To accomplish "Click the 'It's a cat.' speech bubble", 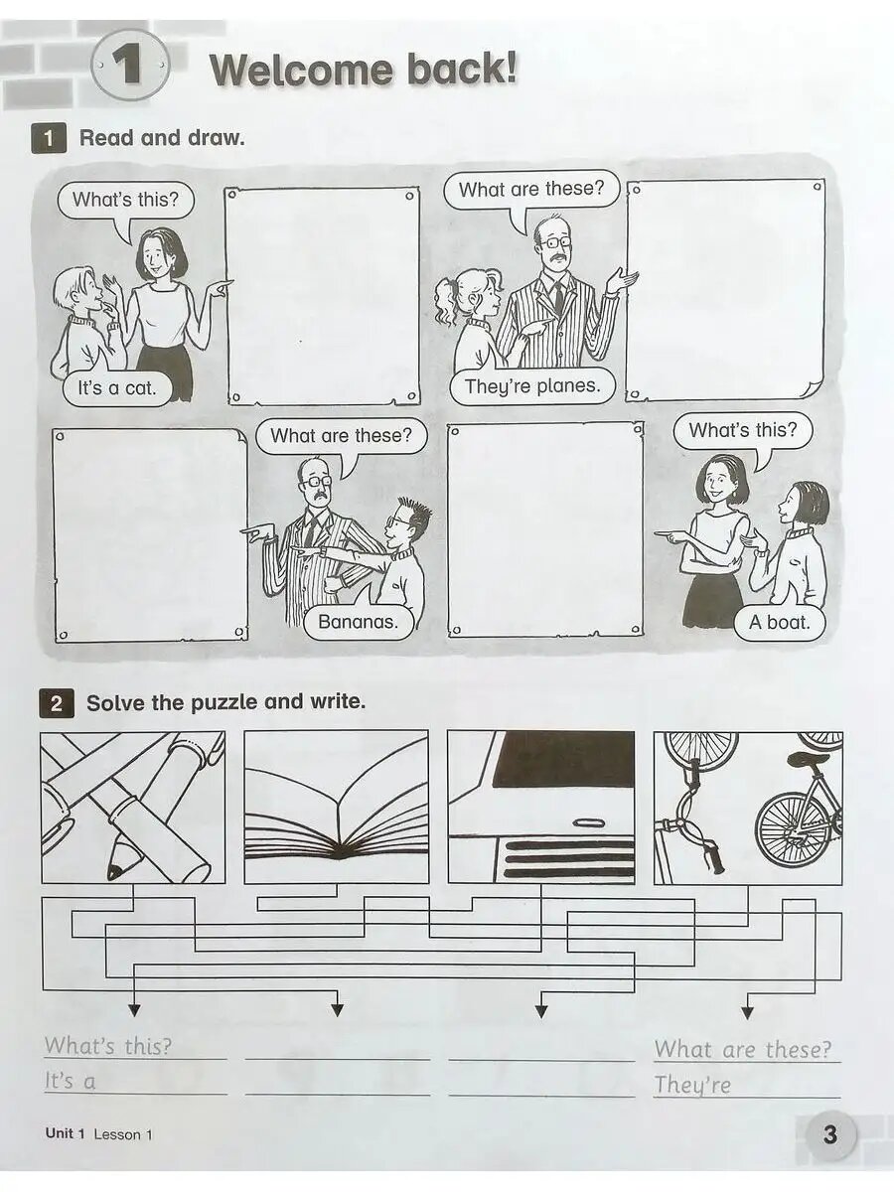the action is tap(117, 388).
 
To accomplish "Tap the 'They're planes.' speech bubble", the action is tap(533, 386).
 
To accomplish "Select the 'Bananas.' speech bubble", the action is tap(359, 622).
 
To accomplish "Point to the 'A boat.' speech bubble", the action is tap(780, 623).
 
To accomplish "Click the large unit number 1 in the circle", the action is tap(128, 67).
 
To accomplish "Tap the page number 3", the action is tap(830, 1134).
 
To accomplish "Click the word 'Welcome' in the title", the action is tap(301, 70).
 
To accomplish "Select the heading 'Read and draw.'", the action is tap(162, 138).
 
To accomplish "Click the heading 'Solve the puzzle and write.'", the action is tap(225, 702).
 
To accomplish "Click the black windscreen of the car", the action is tap(564, 759).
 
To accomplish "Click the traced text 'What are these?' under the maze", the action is tap(743, 1050).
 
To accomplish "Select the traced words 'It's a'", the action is tap(71, 1081).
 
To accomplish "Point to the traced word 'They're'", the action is tap(692, 1085).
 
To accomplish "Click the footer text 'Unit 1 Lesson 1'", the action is tap(98, 1134).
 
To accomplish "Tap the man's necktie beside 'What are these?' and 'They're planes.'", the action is tap(558, 296).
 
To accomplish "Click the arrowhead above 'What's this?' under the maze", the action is tap(133, 1010).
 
